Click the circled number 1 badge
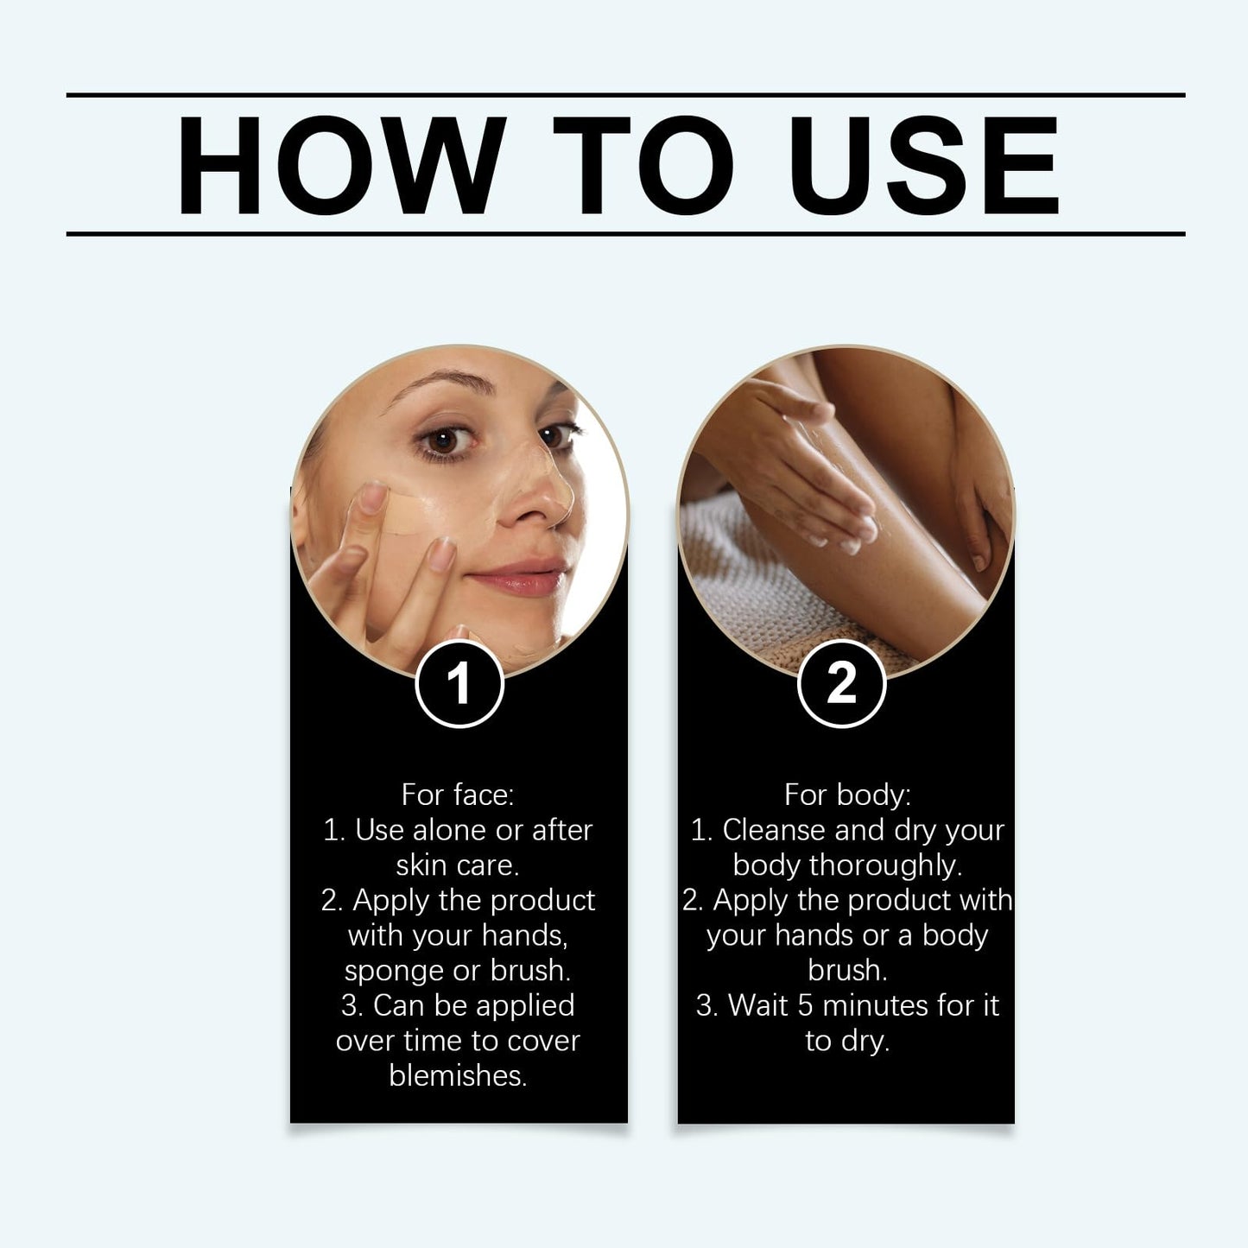(459, 683)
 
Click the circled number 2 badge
(841, 683)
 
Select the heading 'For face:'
(457, 795)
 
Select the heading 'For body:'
(846, 795)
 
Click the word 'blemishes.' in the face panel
(458, 1075)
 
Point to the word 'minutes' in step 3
(873, 1005)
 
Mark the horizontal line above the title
(625, 94)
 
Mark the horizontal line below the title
(625, 233)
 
